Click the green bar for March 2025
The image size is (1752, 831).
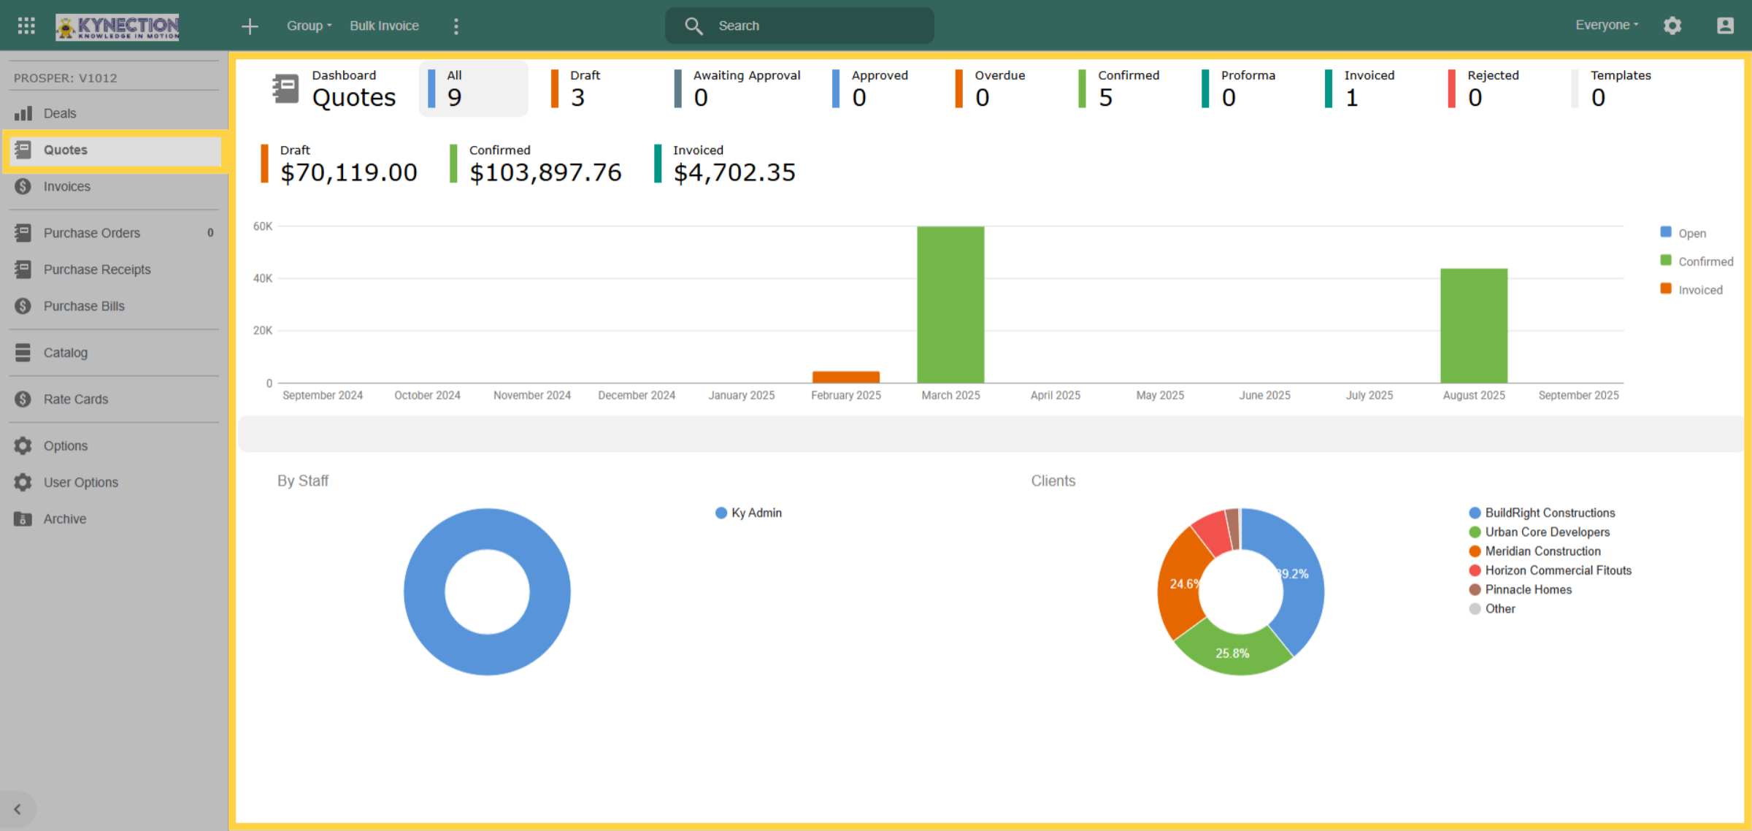click(950, 305)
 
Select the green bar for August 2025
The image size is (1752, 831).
click(1474, 326)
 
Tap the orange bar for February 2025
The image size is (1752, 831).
click(846, 377)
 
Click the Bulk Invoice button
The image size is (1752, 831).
click(384, 26)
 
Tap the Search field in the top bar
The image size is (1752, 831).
click(799, 26)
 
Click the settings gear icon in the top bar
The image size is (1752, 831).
click(1672, 26)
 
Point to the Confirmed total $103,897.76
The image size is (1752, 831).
click(545, 172)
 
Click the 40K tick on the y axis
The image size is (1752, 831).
click(262, 278)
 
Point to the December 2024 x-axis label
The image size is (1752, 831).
click(637, 395)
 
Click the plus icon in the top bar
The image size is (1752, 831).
click(250, 26)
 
